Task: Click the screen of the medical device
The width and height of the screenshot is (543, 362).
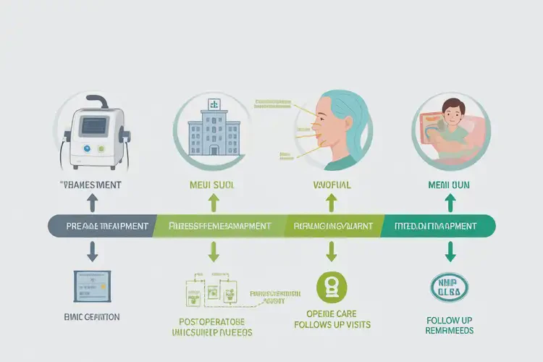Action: (93, 126)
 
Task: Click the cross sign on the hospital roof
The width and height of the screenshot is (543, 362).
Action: (214, 104)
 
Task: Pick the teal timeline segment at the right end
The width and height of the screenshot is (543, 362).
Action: (442, 226)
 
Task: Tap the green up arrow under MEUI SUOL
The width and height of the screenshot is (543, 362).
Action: (214, 201)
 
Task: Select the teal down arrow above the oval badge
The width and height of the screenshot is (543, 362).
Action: (450, 251)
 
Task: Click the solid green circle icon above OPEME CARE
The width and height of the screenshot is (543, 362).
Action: (332, 287)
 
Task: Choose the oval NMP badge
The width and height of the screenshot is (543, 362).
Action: (450, 287)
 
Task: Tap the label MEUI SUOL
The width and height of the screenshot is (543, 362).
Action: (214, 185)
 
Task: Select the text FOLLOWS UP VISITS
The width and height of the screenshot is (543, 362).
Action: (332, 324)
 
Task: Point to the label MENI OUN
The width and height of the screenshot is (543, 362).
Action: (450, 185)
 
